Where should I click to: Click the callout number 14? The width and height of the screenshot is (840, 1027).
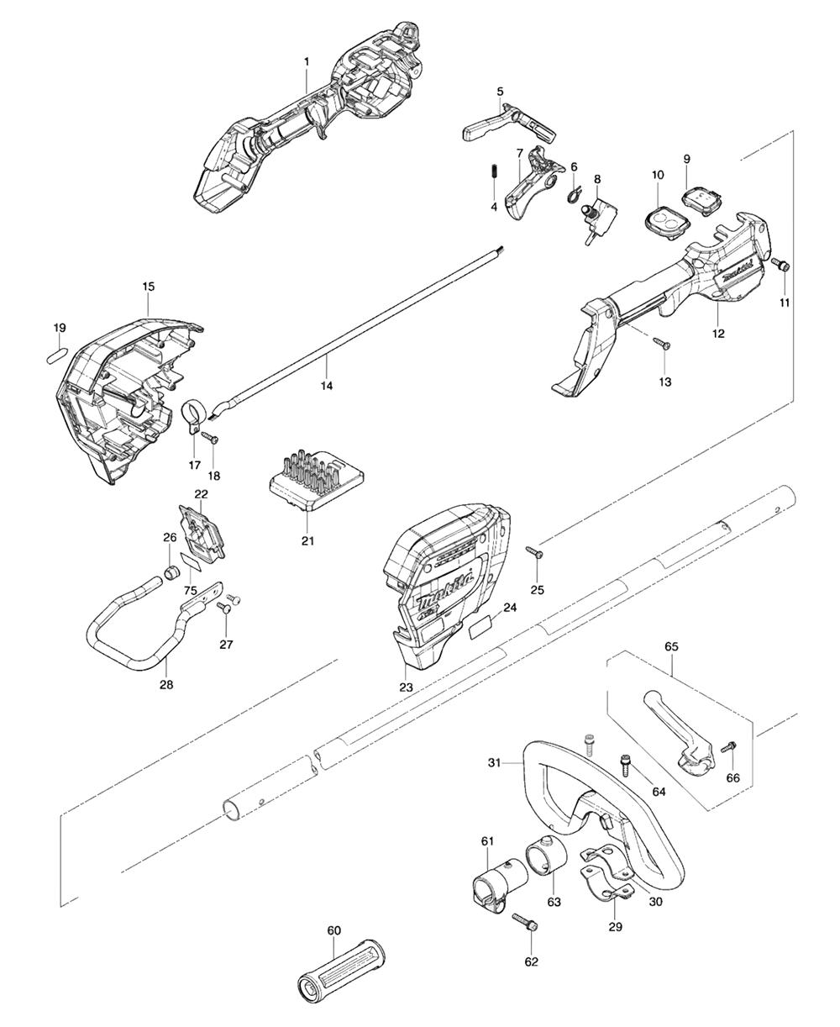pyautogui.click(x=327, y=386)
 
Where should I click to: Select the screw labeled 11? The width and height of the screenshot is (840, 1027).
pyautogui.click(x=780, y=265)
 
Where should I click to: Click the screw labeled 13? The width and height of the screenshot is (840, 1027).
pyautogui.click(x=662, y=343)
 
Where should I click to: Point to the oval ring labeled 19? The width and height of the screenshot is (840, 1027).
pyautogui.click(x=58, y=355)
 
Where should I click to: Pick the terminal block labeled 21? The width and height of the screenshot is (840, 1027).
pyautogui.click(x=317, y=481)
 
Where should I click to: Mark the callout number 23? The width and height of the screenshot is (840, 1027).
pyautogui.click(x=406, y=687)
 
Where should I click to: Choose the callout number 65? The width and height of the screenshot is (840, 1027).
pyautogui.click(x=671, y=646)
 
